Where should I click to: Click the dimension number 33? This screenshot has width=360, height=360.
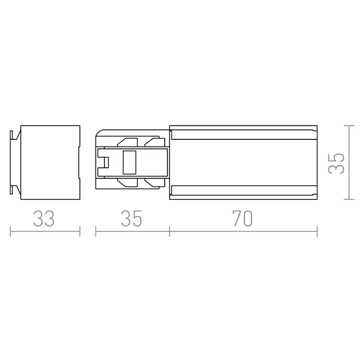click(44, 219)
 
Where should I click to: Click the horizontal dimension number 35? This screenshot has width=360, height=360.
click(131, 219)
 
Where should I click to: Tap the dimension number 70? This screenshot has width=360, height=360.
click(242, 219)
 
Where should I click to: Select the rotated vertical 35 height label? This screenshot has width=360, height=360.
click(337, 163)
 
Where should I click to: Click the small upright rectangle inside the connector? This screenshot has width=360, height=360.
click(129, 162)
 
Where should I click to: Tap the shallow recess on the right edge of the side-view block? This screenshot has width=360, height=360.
click(79, 162)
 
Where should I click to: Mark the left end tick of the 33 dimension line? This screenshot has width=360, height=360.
click(11, 231)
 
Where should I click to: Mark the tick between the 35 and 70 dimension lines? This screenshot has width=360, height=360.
click(169, 231)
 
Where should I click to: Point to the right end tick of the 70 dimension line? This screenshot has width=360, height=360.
click(317, 231)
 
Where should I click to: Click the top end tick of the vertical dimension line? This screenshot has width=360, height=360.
click(349, 125)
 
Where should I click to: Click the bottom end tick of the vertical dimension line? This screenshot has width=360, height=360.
click(349, 199)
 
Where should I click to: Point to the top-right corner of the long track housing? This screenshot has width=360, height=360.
click(316, 126)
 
